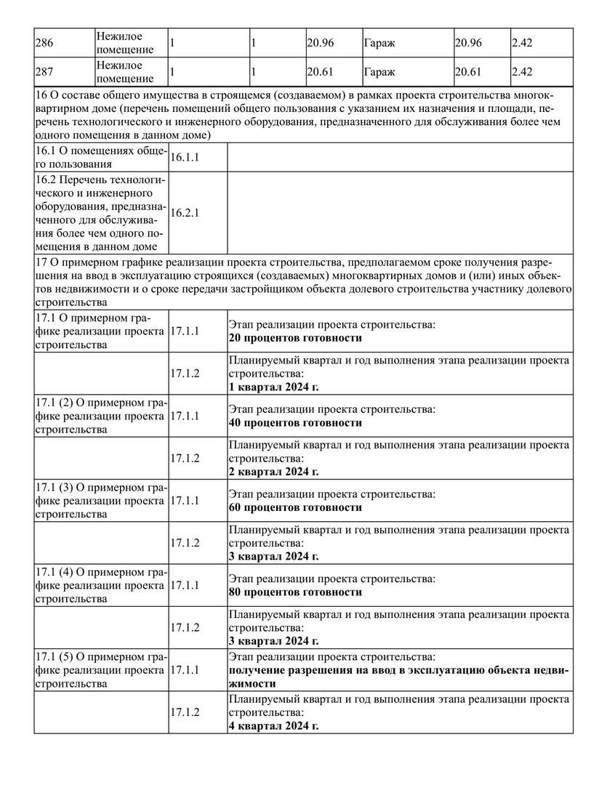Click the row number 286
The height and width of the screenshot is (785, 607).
(44, 43)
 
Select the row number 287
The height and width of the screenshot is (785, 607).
(44, 73)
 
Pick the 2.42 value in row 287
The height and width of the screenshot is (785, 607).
(522, 73)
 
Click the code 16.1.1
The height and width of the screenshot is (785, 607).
(185, 157)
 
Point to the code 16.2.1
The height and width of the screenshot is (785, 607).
(185, 213)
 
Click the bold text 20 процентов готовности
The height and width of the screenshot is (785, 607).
(295, 338)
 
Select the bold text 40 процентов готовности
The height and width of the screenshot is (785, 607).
(295, 422)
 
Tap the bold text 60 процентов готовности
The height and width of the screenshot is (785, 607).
(295, 507)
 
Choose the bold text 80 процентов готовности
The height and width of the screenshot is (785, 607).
(295, 592)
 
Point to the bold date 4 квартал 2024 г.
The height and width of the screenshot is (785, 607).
(273, 726)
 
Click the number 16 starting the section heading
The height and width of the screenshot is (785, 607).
(41, 97)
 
